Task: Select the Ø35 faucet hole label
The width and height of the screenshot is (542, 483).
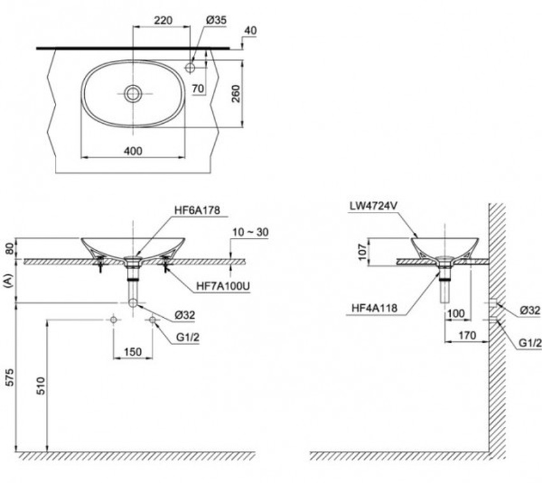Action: [x=216, y=20]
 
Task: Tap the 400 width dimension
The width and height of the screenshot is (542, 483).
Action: [x=133, y=151]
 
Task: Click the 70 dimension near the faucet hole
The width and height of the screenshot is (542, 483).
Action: [x=197, y=89]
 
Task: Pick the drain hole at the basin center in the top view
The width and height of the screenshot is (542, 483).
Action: [x=133, y=94]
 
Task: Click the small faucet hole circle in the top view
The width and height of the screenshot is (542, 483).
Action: [x=190, y=67]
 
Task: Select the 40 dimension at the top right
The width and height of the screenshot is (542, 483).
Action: [x=251, y=30]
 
